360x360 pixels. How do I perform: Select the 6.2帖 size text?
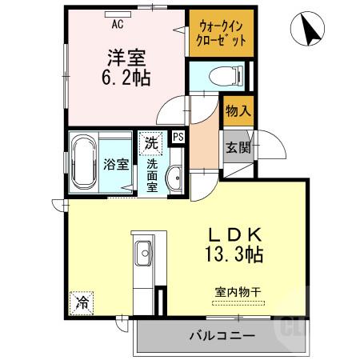click(x=126, y=78)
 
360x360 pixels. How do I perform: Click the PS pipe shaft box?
click(x=178, y=136)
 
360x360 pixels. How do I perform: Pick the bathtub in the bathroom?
click(x=83, y=163)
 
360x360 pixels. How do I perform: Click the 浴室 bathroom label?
click(x=117, y=165)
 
